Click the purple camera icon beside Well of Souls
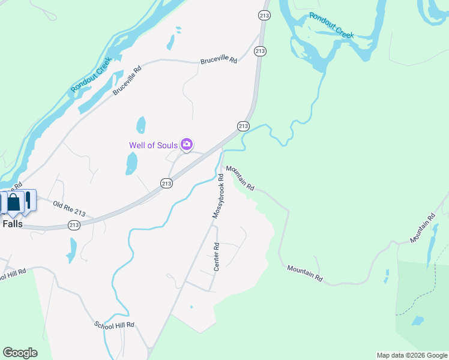tap(187, 144)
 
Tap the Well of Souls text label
tap(153, 145)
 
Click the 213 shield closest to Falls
tap(74, 225)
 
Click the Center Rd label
tap(217, 255)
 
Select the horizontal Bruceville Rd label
tap(219, 61)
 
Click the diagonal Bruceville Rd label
tap(127, 80)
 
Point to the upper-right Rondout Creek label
tap(332, 25)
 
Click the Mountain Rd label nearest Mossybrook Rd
tap(240, 178)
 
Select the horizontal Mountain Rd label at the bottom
tap(305, 274)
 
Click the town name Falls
tap(12, 223)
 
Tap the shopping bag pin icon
tap(14, 202)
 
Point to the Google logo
tap(20, 353)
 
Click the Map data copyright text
tap(411, 355)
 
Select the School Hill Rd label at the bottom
tap(114, 325)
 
